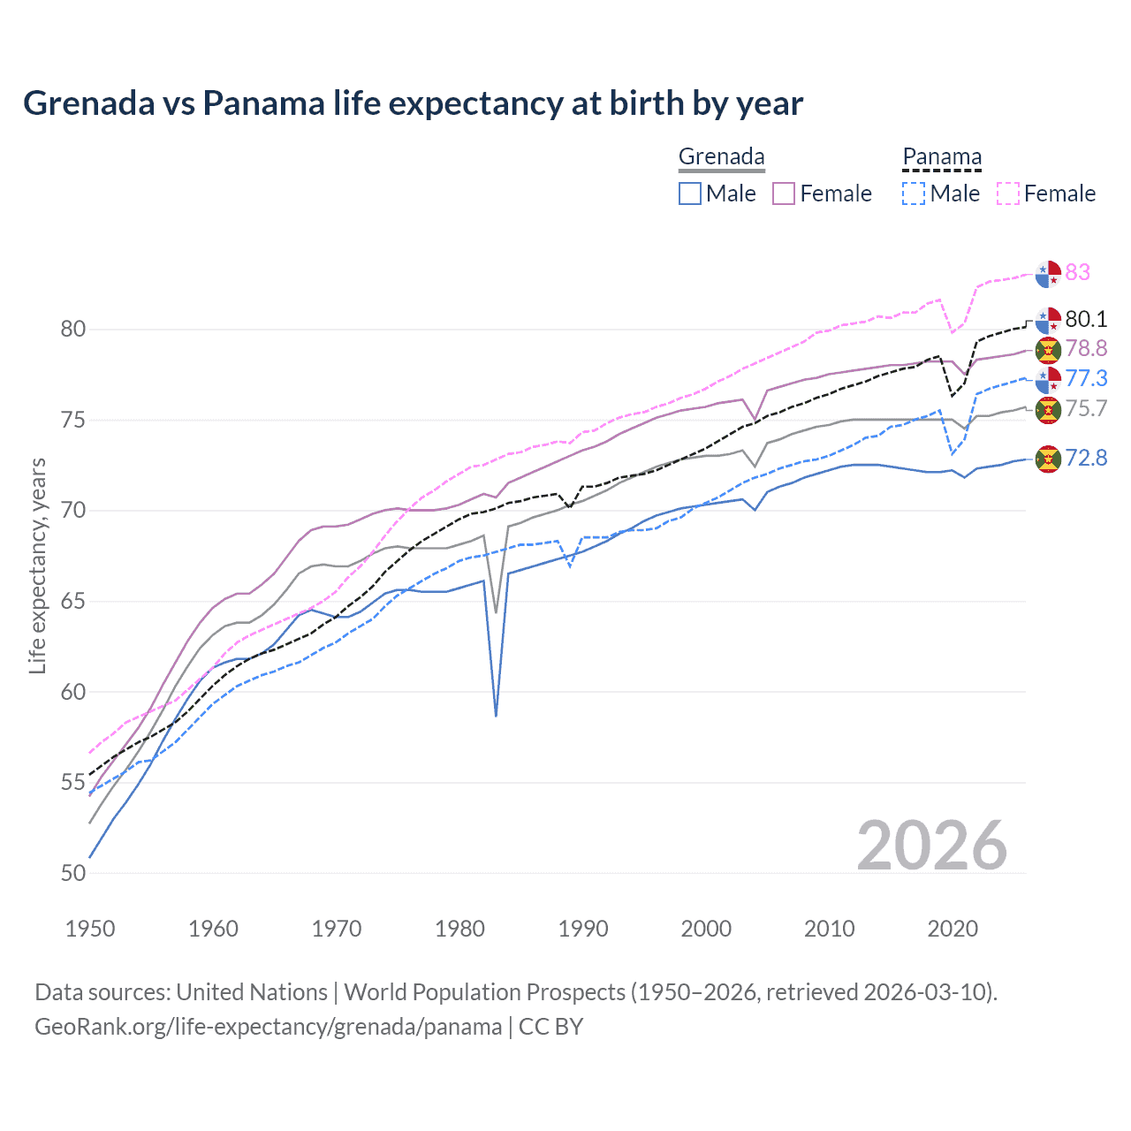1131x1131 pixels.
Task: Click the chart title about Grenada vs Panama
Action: tap(413, 103)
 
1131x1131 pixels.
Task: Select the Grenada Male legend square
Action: tap(690, 194)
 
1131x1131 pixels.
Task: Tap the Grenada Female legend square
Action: tap(784, 194)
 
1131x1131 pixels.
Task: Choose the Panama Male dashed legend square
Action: tap(914, 194)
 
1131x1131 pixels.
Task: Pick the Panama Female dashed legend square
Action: tap(1007, 194)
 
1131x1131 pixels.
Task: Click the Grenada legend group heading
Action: tap(721, 157)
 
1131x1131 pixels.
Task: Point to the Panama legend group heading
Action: tap(942, 157)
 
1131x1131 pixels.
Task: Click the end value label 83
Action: tap(1078, 272)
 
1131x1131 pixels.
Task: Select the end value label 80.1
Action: tap(1086, 319)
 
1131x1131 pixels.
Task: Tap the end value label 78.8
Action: tap(1086, 349)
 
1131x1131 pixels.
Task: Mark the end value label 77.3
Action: tap(1086, 379)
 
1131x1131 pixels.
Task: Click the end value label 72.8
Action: tap(1086, 458)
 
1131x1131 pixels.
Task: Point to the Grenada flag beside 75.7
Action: tap(1048, 409)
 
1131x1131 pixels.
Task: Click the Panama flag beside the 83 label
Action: tap(1048, 274)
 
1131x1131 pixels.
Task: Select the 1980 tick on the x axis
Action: tap(459, 929)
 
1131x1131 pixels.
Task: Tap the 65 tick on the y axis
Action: tap(73, 602)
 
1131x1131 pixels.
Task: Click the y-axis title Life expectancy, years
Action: tap(37, 565)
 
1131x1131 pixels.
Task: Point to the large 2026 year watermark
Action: tap(931, 846)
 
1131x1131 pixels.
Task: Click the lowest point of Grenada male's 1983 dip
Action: tap(496, 716)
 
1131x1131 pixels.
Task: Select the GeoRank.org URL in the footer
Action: tap(268, 1027)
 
